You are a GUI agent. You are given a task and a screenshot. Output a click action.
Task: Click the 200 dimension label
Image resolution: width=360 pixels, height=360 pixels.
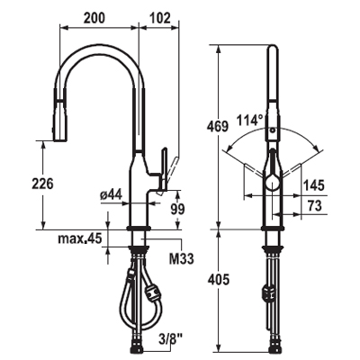[x=94, y=18]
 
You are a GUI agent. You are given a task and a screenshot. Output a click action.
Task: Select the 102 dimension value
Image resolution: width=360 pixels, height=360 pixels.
[x=159, y=18]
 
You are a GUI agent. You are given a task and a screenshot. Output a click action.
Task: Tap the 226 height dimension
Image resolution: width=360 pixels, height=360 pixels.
[x=42, y=184]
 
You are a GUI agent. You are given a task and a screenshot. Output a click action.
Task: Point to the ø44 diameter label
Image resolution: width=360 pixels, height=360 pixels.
[x=111, y=195]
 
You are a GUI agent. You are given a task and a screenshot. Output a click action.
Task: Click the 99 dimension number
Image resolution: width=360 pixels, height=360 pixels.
[x=177, y=210]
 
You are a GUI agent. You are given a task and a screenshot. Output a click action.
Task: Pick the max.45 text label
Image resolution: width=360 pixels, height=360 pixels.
[x=80, y=238]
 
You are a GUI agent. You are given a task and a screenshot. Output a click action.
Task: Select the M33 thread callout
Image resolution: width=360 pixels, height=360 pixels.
[x=182, y=258]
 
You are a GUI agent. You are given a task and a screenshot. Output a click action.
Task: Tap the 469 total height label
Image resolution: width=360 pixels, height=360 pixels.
[x=218, y=127]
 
